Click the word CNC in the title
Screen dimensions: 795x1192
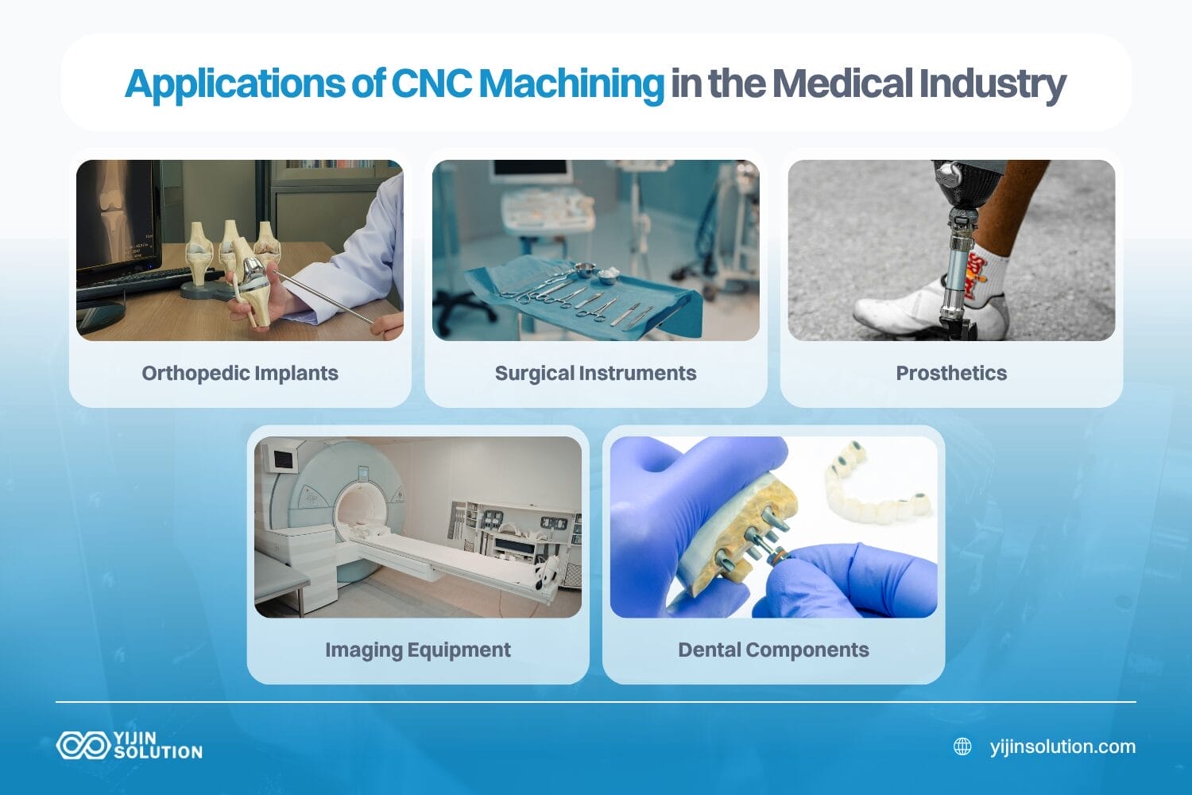pyautogui.click(x=431, y=83)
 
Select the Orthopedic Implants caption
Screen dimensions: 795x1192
pyautogui.click(x=240, y=373)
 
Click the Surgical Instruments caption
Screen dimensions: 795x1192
pyautogui.click(x=595, y=373)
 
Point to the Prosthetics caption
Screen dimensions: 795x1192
pyautogui.click(x=951, y=373)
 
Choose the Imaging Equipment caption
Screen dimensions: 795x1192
pyautogui.click(x=418, y=650)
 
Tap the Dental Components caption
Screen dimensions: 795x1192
pyautogui.click(x=773, y=650)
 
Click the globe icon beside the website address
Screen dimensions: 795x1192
pyautogui.click(x=962, y=747)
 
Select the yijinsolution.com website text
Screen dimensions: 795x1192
pyautogui.click(x=1062, y=747)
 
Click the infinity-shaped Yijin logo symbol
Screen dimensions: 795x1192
pyautogui.click(x=82, y=746)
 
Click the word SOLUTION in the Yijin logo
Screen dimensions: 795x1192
pyautogui.click(x=158, y=752)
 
